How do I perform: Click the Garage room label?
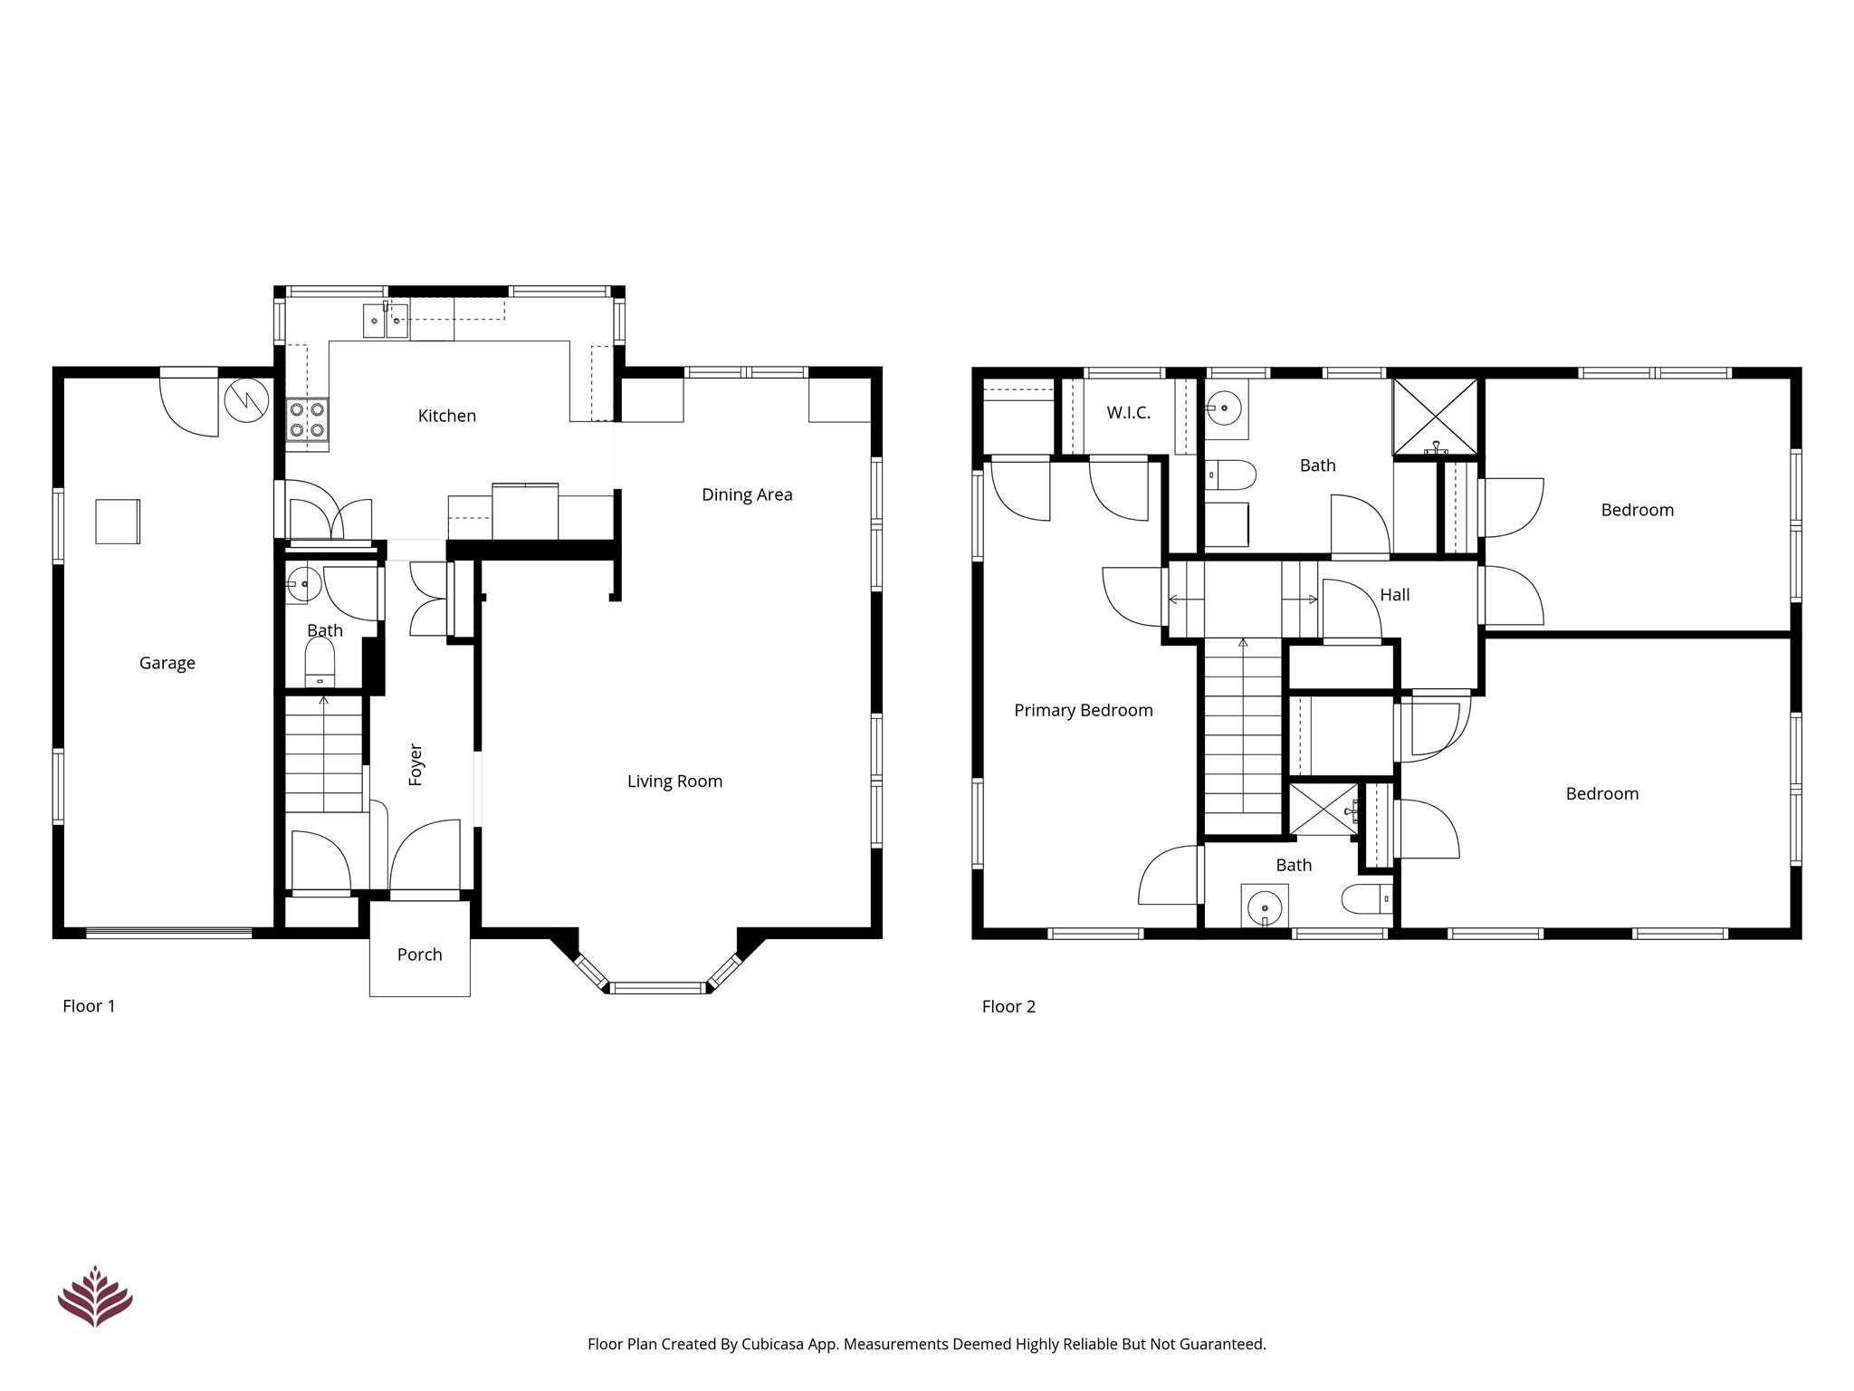pos(167,663)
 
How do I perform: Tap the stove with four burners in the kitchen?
pos(307,420)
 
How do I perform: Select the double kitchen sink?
pos(386,321)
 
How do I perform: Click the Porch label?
pos(419,955)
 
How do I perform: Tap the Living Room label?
pos(674,782)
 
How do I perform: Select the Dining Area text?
pos(747,494)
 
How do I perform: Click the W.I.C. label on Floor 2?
pos(1128,413)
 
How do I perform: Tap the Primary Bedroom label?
pos(1083,711)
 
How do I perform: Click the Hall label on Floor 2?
pos(1394,595)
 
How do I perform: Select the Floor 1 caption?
pos(89,1006)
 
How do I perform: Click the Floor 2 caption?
pos(1008,1006)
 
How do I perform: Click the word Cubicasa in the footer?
pos(773,1344)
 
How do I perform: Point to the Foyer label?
pos(416,764)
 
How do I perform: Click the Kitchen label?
pos(446,416)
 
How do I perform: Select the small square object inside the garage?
pos(118,522)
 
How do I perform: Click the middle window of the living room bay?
pos(658,987)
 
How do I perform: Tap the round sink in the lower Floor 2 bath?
pos(1265,906)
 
